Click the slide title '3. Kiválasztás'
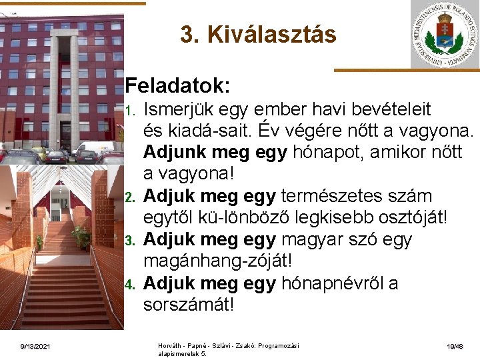258,35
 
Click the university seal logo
444,34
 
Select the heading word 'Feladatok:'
178,86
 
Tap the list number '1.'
132,109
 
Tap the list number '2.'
132,197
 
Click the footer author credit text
228,349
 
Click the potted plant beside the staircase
82,236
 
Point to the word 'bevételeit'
385,109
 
